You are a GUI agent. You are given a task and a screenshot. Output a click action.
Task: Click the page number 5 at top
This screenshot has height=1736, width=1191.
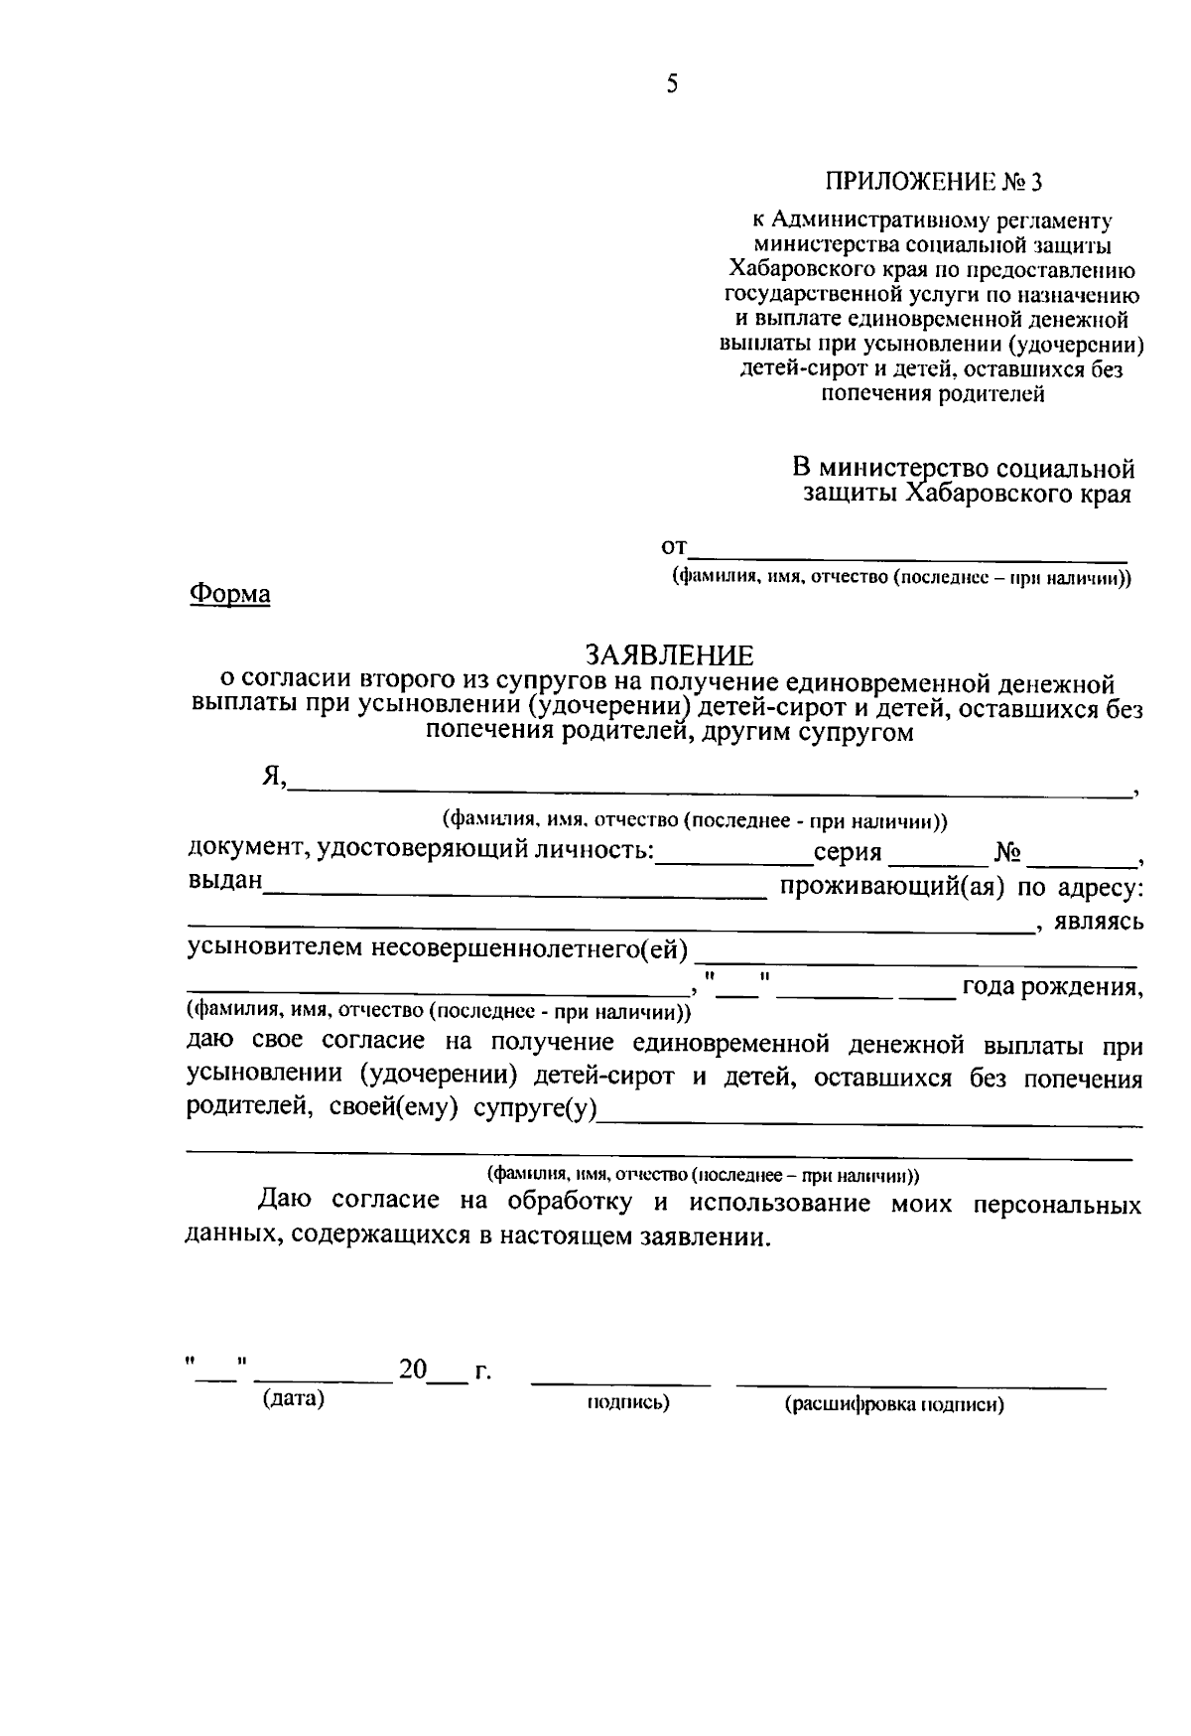[672, 84]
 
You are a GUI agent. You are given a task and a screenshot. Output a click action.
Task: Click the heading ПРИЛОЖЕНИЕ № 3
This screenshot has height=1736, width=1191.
[935, 182]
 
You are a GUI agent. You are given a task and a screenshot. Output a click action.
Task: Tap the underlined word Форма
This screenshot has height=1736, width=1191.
[229, 594]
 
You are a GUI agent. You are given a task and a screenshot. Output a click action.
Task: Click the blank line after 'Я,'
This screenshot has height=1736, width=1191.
[709, 791]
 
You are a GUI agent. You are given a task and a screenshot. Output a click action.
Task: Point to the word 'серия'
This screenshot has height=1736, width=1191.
[847, 852]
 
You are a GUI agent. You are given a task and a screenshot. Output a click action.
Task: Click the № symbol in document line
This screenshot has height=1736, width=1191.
[1007, 852]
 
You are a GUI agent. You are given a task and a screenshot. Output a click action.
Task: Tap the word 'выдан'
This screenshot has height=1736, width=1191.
[224, 881]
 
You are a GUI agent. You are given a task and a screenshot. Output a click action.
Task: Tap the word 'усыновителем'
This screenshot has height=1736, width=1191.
[276, 950]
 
